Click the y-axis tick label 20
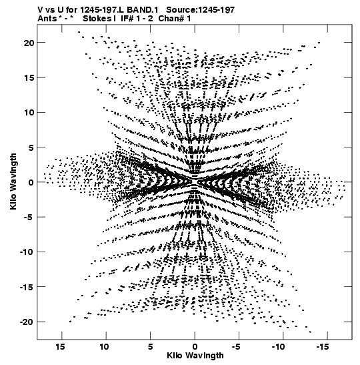(29, 43)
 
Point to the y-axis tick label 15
(29, 78)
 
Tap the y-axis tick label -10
(27, 252)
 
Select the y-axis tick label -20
(27, 322)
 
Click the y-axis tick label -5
(29, 217)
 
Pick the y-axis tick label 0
(31, 183)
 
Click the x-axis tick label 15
(60, 347)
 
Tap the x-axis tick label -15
(323, 347)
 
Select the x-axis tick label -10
(279, 347)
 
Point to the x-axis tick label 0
(195, 347)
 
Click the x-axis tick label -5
(236, 347)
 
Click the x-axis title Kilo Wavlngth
(195, 356)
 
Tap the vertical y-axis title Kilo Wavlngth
(14, 181)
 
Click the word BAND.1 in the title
(143, 10)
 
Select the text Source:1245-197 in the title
(201, 10)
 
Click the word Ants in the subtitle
(47, 19)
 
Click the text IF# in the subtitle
(127, 19)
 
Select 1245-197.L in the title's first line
(103, 10)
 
